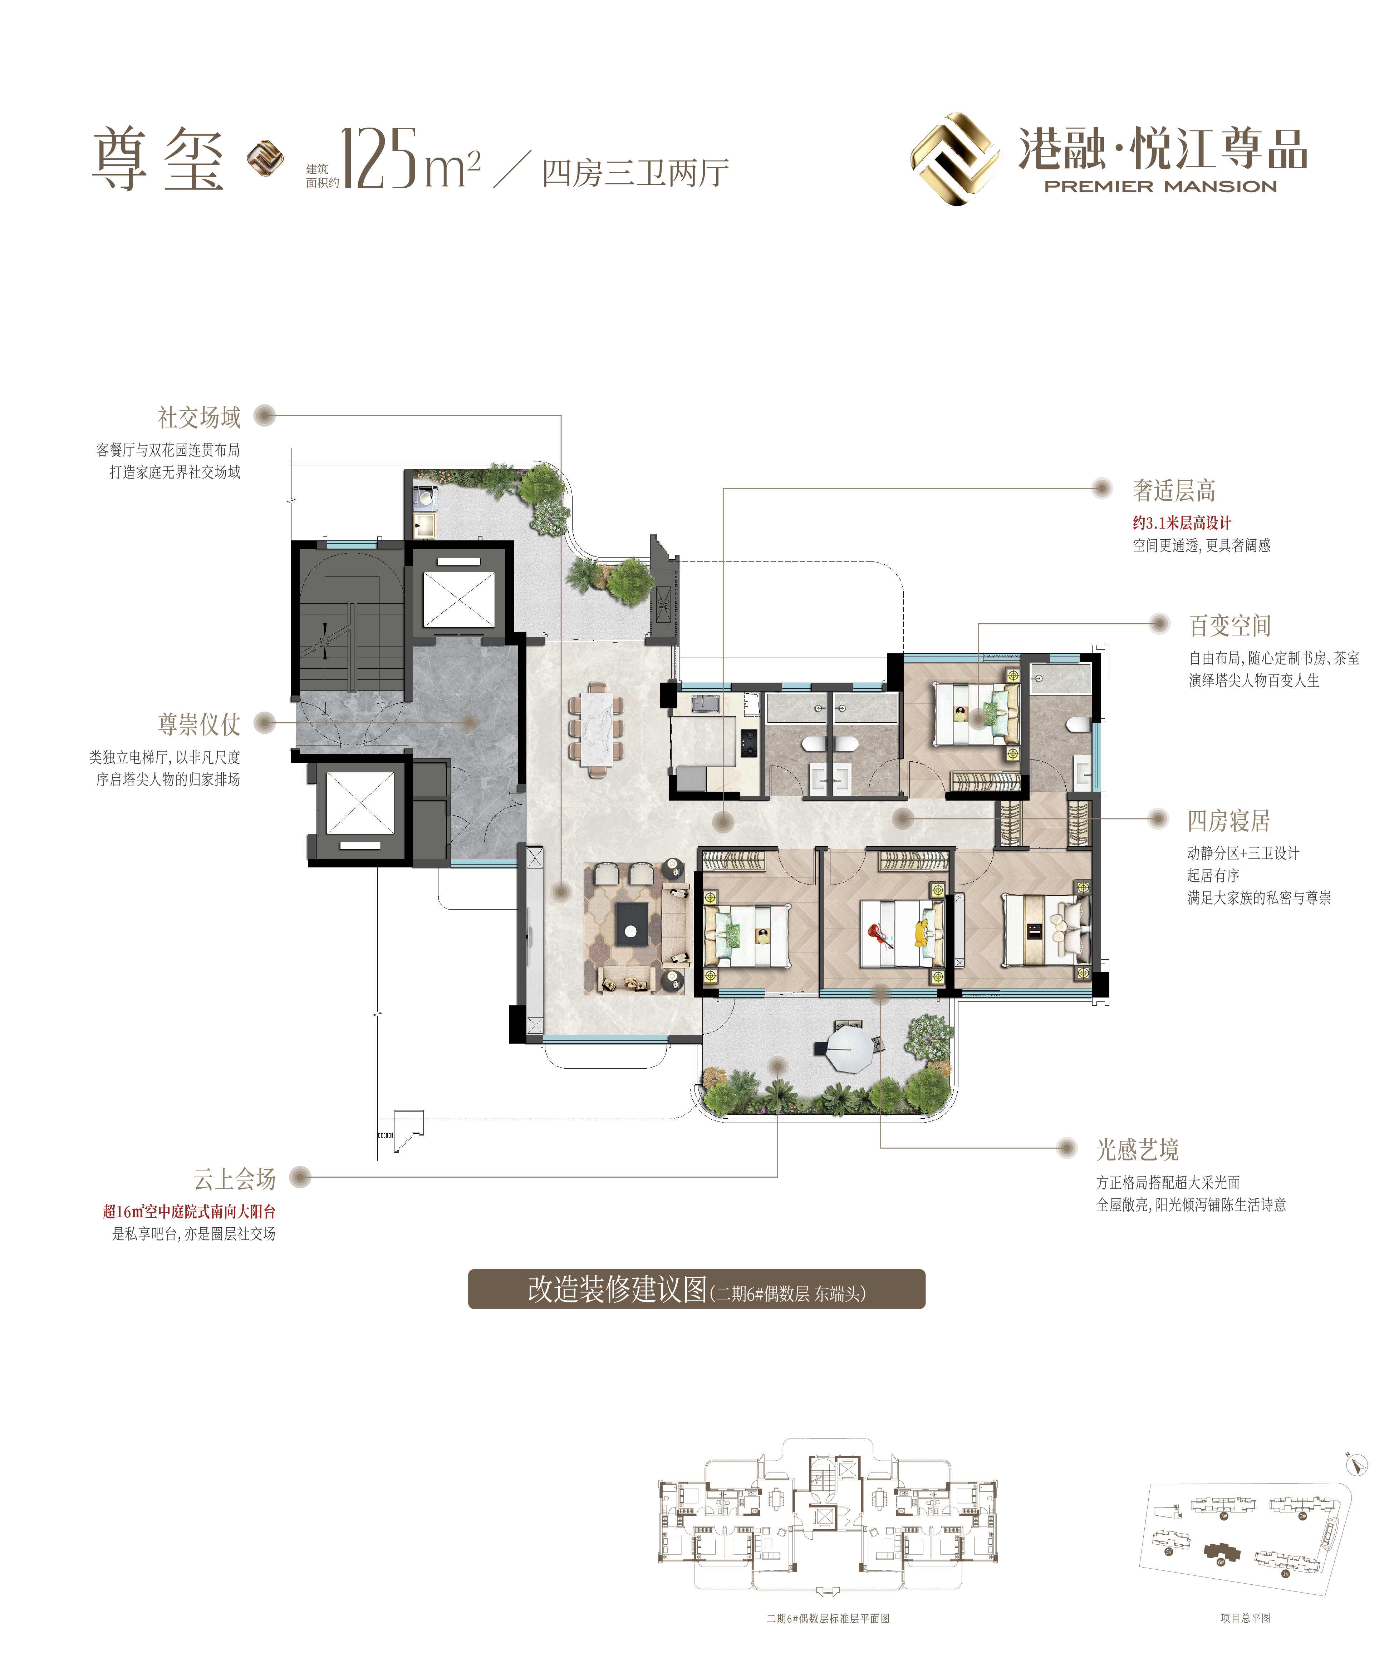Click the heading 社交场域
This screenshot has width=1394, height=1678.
tap(199, 417)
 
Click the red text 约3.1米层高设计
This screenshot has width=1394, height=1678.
tap(1181, 523)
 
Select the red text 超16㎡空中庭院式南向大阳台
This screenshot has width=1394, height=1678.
tap(188, 1211)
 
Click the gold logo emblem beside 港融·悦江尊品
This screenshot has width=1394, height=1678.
tap(955, 159)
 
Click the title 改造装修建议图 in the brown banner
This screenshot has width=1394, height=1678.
tap(617, 1289)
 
